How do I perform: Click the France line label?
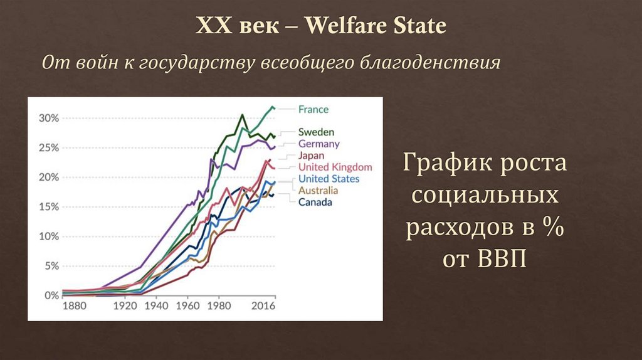click(313, 110)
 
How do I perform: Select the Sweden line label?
click(316, 132)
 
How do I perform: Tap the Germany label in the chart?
click(319, 144)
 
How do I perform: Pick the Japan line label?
click(311, 156)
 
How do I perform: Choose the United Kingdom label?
click(335, 167)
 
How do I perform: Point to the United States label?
click(329, 179)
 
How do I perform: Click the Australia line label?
click(318, 191)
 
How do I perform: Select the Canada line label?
click(315, 202)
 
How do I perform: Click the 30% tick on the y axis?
click(48, 119)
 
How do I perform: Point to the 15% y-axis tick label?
click(48, 207)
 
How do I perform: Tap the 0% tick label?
click(51, 295)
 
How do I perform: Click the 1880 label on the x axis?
click(74, 307)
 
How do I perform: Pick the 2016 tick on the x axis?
click(264, 307)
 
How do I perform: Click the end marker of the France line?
click(273, 108)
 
